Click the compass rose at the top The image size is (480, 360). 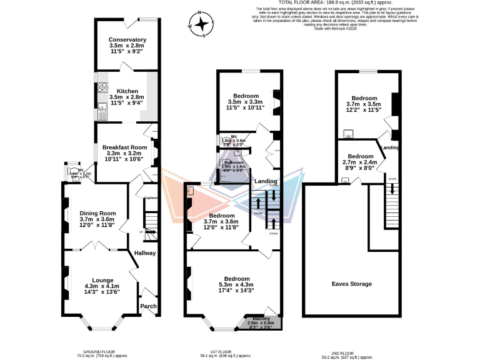click(202, 25)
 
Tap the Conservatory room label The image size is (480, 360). click(127, 39)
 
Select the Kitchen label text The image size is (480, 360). click(127, 91)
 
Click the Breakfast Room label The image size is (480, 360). click(124, 147)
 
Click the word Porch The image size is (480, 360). click(148, 306)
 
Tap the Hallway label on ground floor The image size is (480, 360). click(145, 253)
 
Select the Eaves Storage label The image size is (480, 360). click(351, 284)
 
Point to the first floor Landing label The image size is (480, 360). click(266, 181)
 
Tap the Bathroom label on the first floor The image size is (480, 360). click(234, 162)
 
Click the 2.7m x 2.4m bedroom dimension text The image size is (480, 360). click(360, 164)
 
